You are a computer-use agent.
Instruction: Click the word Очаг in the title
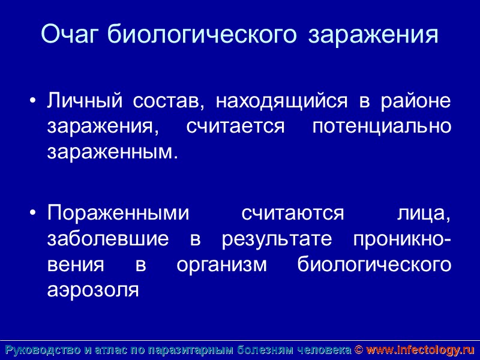[x=71, y=34]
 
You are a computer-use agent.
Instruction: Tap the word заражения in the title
[x=373, y=35]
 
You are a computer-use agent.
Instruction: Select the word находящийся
[x=281, y=101]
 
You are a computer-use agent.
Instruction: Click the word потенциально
[x=382, y=127]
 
